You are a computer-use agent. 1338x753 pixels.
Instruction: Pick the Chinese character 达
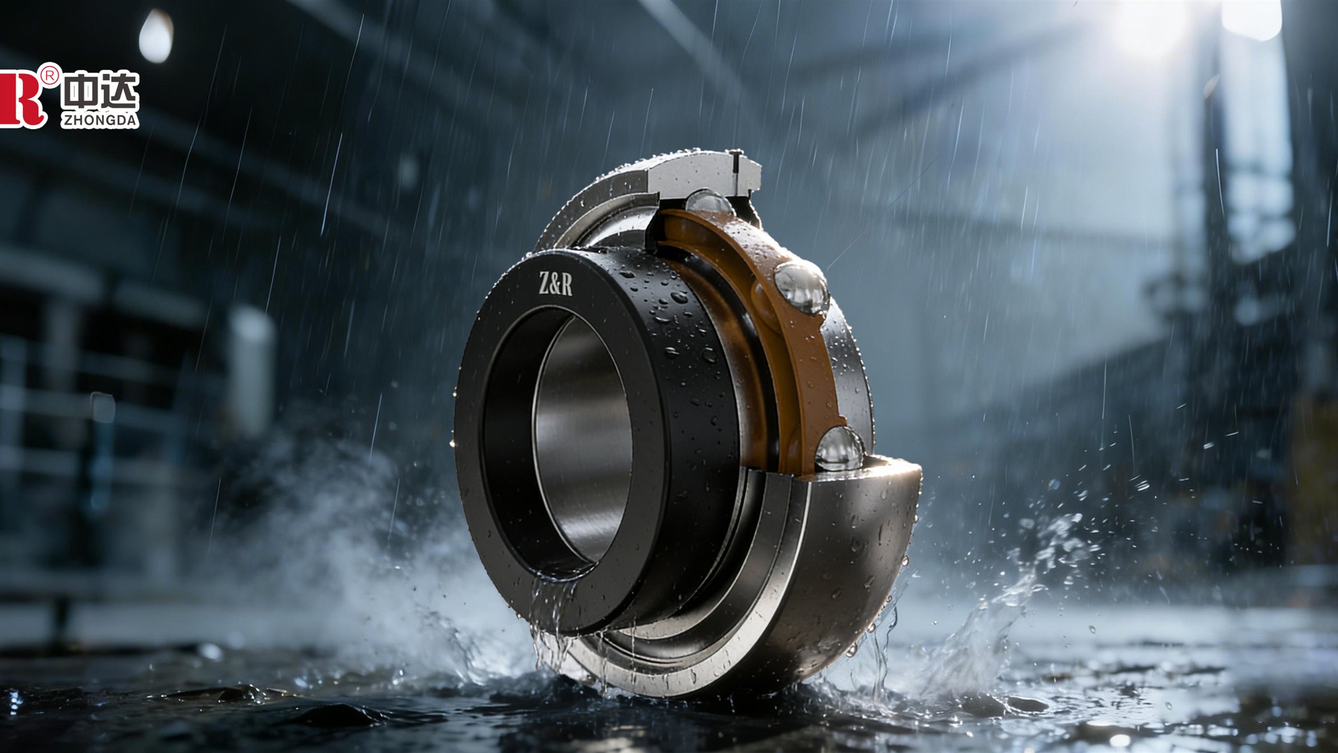[120, 92]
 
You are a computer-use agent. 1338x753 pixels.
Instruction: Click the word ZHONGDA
[100, 120]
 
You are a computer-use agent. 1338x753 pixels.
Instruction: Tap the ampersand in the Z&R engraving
[555, 285]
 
